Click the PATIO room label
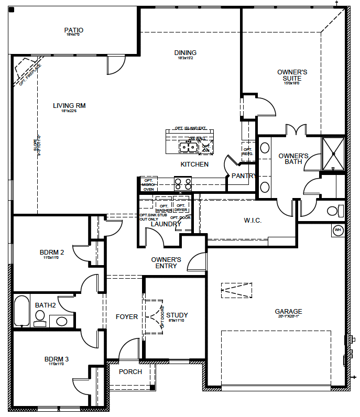coord(74,30)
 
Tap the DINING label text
coord(186,53)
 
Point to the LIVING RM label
coord(69,106)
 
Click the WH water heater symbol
coord(337,230)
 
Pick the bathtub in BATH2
coord(22,311)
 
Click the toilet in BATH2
coord(40,315)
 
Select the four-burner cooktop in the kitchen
coord(183,183)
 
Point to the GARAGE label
coord(288,312)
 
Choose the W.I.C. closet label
coord(253,221)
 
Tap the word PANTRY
coord(244,176)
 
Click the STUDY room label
coord(177,315)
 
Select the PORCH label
coord(130,372)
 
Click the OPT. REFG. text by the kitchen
coord(248,151)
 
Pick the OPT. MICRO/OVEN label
coord(148,185)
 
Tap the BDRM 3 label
coord(56,359)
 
